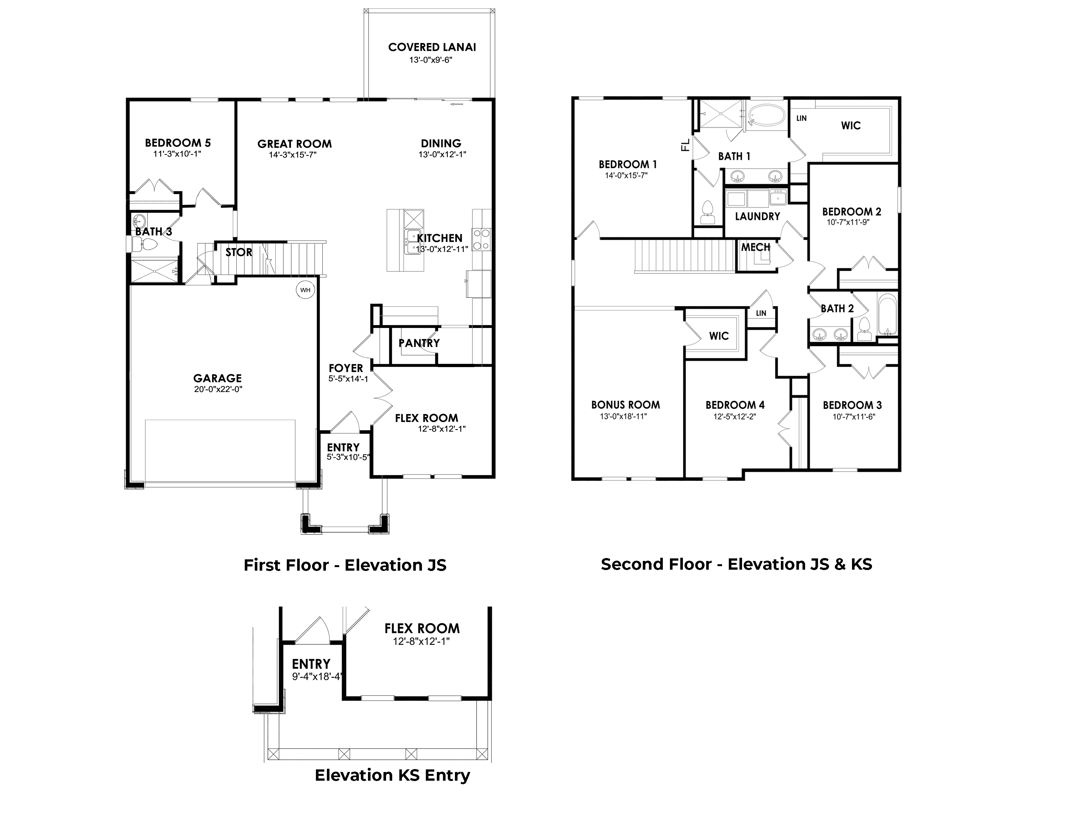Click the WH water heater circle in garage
[305, 290]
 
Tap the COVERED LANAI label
[432, 48]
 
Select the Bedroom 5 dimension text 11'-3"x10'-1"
[177, 154]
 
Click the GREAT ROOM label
[294, 144]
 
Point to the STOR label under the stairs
[238, 252]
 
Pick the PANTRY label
[419, 343]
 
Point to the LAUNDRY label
[757, 216]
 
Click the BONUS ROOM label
[625, 405]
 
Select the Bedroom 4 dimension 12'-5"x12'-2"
[735, 417]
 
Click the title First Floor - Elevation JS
[345, 565]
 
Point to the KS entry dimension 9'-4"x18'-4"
[316, 677]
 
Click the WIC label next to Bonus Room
[719, 336]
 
